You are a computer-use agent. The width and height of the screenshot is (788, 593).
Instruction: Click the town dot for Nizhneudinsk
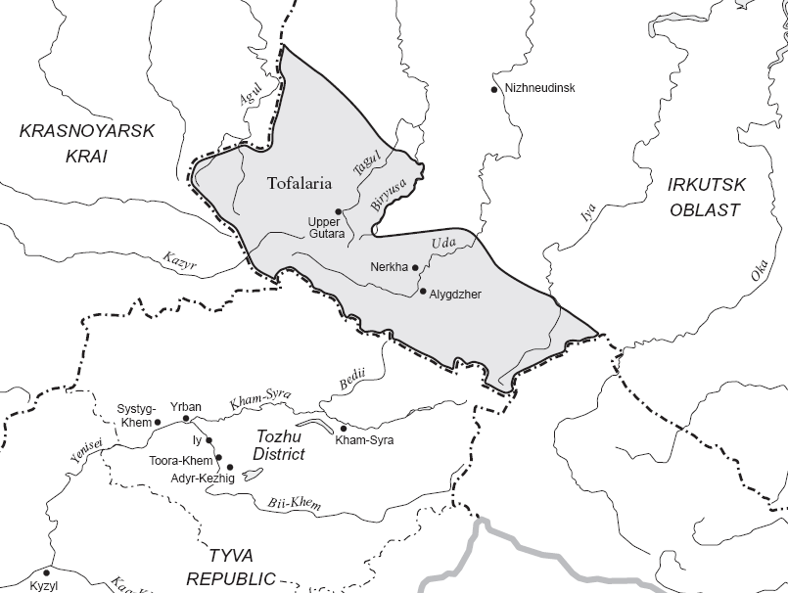[494, 89]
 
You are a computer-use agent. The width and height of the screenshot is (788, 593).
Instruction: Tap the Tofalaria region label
[300, 182]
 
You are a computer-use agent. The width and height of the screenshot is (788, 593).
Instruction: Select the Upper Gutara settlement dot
[338, 211]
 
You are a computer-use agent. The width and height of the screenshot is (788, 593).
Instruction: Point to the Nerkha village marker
[415, 266]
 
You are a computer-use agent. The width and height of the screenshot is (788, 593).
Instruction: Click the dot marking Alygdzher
[423, 292]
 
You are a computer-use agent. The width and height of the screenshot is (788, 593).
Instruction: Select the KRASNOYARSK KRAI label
[87, 143]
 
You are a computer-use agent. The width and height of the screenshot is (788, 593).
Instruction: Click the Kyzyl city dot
[46, 572]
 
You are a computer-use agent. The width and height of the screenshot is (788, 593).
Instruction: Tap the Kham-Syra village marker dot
[343, 428]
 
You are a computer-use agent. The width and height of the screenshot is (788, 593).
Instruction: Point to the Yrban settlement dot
[186, 419]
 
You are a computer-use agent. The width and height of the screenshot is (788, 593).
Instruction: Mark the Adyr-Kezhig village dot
[230, 467]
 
